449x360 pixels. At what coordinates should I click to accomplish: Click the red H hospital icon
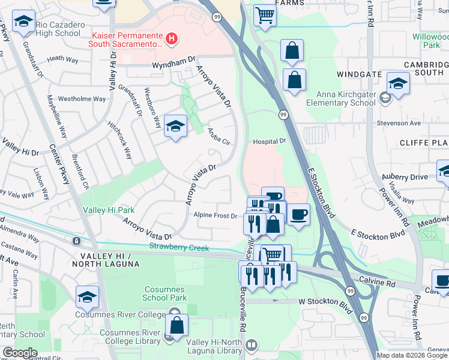pos(172,40)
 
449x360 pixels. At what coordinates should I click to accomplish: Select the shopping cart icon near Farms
pos(264,15)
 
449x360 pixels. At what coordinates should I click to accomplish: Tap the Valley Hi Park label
pos(109,210)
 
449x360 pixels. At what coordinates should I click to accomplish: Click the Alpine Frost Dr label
pos(214,215)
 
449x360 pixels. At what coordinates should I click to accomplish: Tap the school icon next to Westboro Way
pos(175,126)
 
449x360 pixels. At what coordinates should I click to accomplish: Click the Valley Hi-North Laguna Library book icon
pos(251,345)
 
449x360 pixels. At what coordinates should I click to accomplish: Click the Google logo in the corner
pos(20,353)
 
